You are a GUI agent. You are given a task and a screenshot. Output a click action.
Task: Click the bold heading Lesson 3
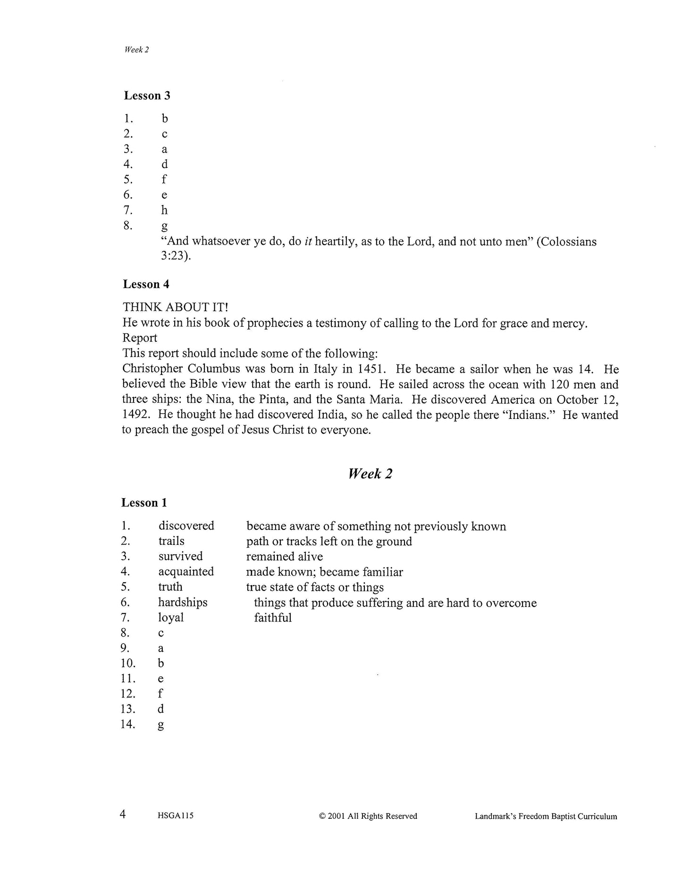(147, 95)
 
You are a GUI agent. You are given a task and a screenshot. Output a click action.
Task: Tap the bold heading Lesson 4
(146, 284)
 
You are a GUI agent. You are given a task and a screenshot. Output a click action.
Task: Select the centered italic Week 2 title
(370, 474)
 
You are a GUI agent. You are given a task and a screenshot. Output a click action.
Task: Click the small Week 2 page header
(136, 50)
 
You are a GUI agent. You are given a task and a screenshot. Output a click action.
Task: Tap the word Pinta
(271, 399)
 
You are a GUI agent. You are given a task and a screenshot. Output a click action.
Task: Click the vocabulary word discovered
(186, 526)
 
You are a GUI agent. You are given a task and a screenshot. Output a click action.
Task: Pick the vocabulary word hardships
(183, 602)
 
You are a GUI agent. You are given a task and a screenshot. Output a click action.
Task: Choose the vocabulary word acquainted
(186, 571)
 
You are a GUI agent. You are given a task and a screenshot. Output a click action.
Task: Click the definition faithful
(273, 618)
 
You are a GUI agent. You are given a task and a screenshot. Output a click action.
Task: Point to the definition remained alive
(284, 556)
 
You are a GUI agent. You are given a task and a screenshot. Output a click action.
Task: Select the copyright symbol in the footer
(322, 816)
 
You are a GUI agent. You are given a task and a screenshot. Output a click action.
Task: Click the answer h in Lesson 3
(164, 210)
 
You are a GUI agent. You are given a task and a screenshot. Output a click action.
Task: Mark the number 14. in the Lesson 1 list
(128, 724)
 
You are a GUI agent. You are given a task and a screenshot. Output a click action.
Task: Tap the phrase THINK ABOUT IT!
(175, 307)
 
